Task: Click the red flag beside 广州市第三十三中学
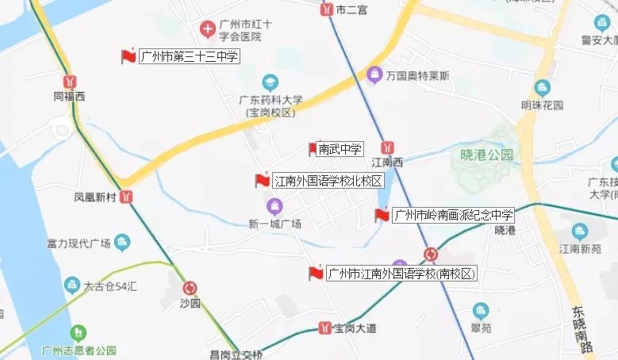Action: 128,56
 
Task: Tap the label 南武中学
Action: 340,148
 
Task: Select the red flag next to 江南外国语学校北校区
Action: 262,181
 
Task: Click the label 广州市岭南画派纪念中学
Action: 454,215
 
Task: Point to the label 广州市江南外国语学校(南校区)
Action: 402,274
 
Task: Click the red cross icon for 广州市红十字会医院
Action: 207,30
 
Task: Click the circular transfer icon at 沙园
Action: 190,289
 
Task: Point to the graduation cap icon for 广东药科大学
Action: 271,82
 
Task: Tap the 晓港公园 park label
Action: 486,155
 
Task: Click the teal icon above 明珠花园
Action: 543,88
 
